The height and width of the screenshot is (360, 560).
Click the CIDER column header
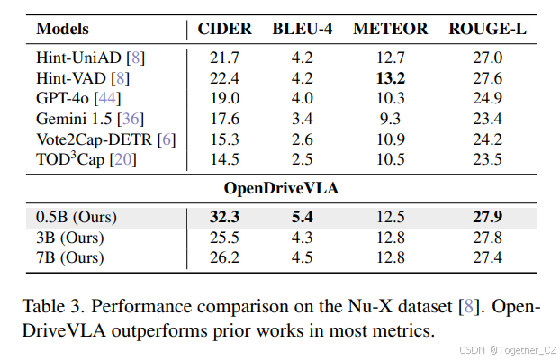pos(225,29)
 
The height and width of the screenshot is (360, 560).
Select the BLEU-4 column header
pos(302,29)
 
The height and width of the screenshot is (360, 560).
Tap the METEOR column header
pos(391,29)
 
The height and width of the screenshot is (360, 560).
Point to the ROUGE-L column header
pos(487,29)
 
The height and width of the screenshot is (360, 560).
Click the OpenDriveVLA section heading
pos(280,189)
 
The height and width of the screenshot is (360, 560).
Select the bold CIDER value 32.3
pos(225,218)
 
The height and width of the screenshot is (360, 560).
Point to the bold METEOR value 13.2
pos(391,78)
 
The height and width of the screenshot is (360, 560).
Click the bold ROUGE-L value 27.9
pos(487,218)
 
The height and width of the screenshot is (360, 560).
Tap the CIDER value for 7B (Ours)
pos(225,257)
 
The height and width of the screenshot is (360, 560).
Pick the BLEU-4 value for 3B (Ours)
pos(302,238)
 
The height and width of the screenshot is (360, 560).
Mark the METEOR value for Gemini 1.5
pos(391,118)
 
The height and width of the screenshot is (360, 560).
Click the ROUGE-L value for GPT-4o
pos(487,98)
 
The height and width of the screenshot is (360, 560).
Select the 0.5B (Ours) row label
pos(77,218)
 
